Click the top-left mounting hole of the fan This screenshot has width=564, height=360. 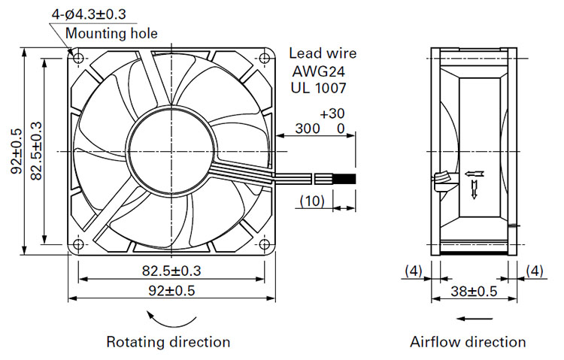click(78, 58)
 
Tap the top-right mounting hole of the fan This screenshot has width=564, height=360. click(265, 58)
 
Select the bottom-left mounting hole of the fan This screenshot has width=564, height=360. click(78, 244)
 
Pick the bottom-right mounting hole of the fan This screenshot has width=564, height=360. click(265, 244)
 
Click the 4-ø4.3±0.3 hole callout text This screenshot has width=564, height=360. click(89, 14)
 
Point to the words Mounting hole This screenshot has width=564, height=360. click(111, 34)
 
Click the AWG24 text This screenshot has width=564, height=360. click(318, 71)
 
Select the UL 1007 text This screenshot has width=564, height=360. click(318, 88)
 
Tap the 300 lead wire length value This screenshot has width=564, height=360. click(308, 129)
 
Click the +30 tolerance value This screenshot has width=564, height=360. click(332, 113)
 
